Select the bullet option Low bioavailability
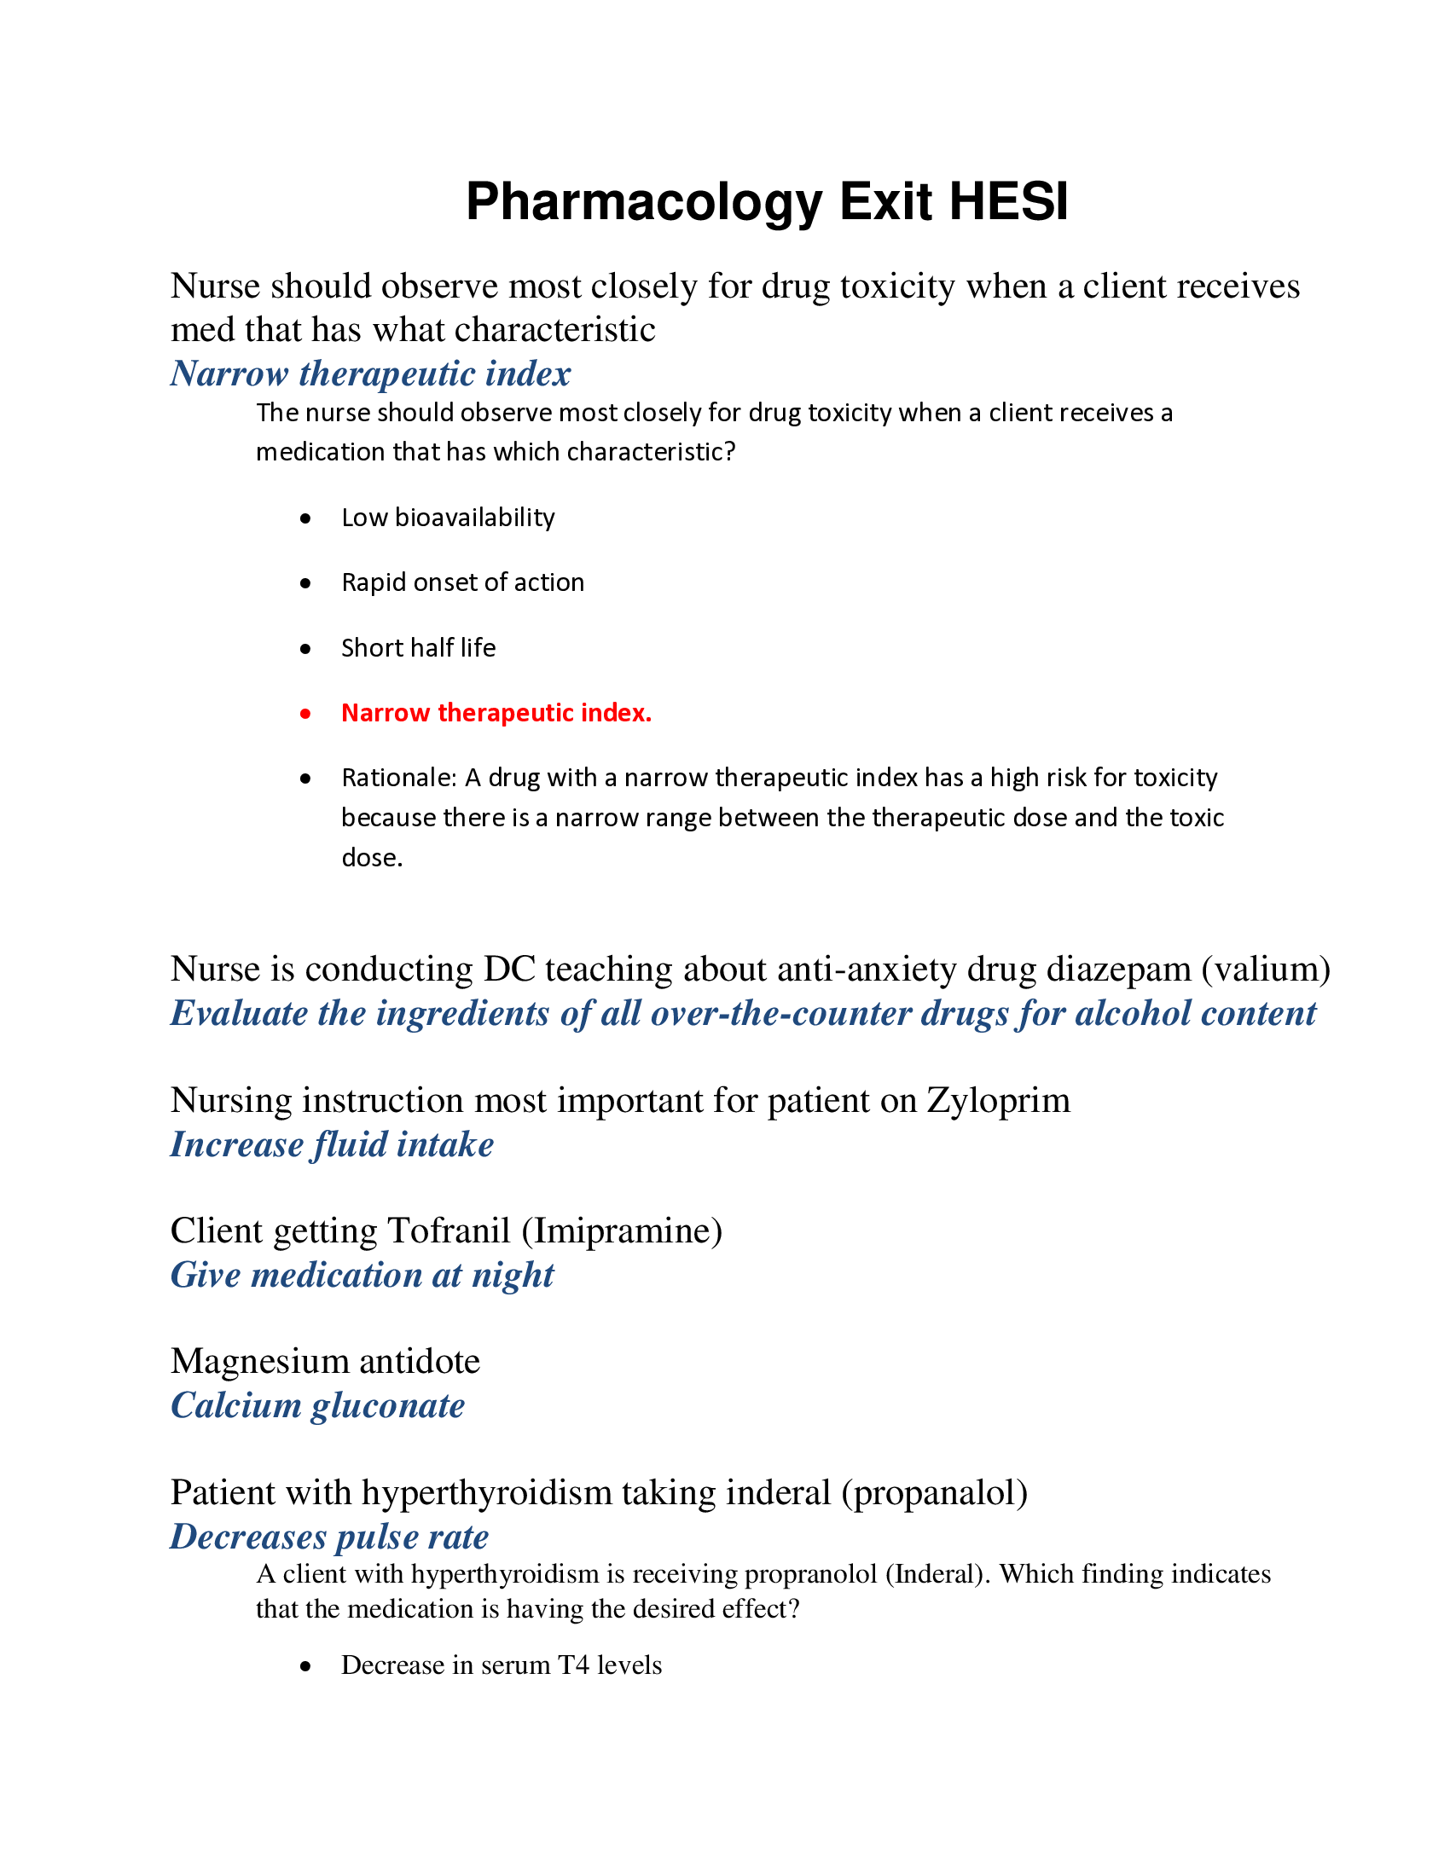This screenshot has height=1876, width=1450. tap(448, 518)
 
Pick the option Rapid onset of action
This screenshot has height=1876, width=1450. tap(462, 583)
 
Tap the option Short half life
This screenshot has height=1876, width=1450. tap(418, 648)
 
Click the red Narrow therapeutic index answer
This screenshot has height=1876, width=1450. tap(496, 713)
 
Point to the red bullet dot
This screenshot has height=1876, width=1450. tap(305, 713)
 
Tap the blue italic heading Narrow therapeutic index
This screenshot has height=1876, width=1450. tap(370, 373)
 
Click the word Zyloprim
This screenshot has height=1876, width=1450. tap(998, 1101)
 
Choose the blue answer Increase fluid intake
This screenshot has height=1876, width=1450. tap(332, 1145)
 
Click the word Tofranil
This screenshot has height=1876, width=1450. tap(449, 1230)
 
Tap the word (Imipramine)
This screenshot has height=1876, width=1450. tap(622, 1230)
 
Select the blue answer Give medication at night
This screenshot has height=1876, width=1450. tap(362, 1276)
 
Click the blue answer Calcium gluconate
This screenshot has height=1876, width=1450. tap(317, 1406)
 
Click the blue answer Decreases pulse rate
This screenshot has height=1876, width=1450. tap(329, 1537)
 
